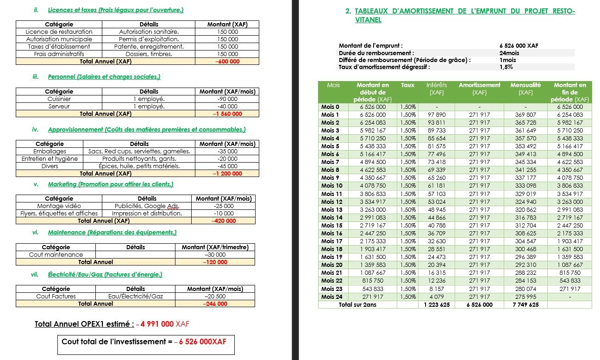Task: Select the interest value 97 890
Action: (436, 114)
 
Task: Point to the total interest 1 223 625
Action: (436, 305)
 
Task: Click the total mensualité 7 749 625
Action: (525, 305)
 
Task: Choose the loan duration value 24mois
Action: (509, 53)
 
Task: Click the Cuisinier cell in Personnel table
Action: (59, 99)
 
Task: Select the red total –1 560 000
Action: (227, 114)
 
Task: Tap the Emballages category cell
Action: (50, 152)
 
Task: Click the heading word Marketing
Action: (62, 184)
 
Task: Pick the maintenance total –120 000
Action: (215, 262)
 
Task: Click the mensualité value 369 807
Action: (525, 114)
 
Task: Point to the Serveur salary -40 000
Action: (227, 107)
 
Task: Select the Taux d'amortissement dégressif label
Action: (384, 67)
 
